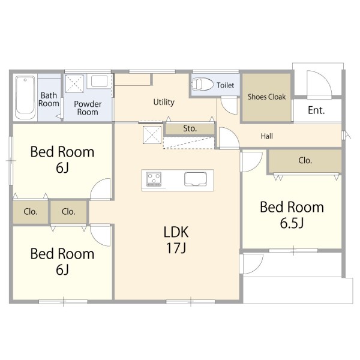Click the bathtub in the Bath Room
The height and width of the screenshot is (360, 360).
pos(25,97)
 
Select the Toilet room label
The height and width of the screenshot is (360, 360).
pos(226,85)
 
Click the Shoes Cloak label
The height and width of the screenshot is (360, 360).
pos(266,97)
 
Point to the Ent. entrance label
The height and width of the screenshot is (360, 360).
pos(316,110)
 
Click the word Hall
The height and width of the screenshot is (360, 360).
pos(267,136)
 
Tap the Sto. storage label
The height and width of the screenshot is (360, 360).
pos(190,128)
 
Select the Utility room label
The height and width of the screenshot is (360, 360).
pos(164,102)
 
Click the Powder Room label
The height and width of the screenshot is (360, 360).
pos(88,108)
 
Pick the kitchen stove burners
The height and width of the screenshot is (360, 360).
pos(154,179)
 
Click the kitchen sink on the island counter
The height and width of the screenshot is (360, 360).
pos(196,179)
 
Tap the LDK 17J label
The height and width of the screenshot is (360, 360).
pos(176,239)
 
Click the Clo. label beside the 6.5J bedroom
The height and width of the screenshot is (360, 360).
pos(305,160)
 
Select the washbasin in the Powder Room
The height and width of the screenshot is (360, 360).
pos(99,81)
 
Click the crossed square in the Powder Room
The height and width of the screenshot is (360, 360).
pos(74,83)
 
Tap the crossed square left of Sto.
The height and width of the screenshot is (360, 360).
pos(152,135)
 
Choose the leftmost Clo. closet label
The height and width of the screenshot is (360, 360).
pos(31,212)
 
